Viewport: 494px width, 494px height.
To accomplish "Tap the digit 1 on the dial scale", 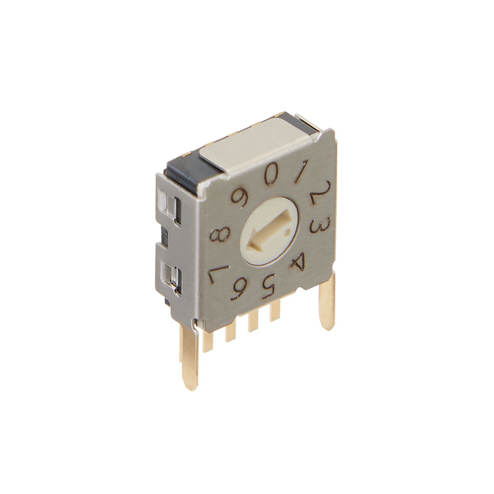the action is (x=301, y=172).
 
